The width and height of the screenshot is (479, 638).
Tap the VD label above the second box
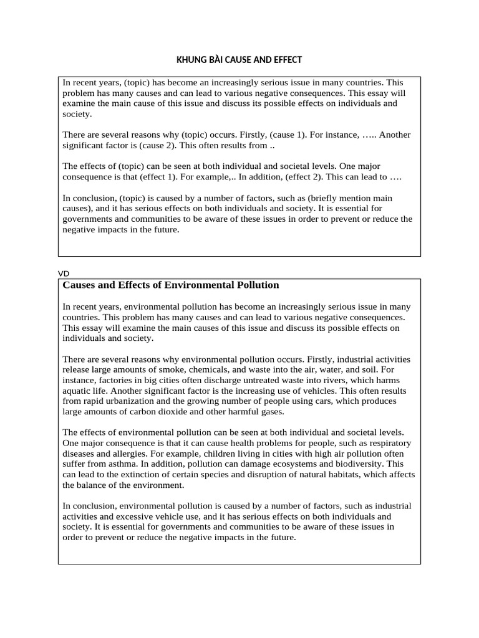tap(63, 274)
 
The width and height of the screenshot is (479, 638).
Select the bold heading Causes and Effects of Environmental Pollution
tap(171, 285)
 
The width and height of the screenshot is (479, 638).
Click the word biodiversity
tap(359, 464)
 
